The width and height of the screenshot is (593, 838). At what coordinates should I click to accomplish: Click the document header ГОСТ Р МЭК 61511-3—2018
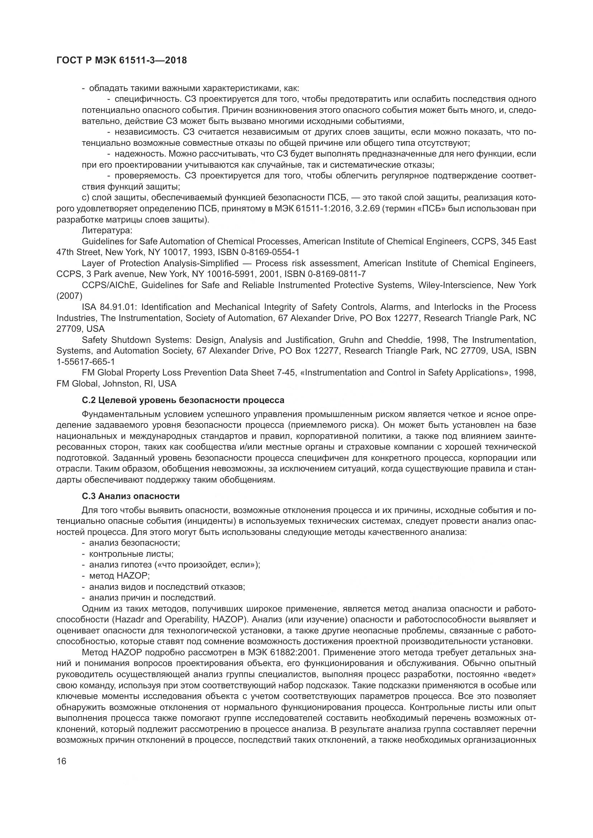tap(122, 61)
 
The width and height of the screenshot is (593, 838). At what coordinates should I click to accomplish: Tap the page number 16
tap(62, 761)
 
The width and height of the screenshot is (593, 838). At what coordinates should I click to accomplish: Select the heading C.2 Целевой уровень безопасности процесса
tap(183, 401)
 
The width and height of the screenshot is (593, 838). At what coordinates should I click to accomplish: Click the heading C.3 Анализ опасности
tap(131, 496)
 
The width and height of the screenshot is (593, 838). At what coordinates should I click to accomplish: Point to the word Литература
tap(106, 230)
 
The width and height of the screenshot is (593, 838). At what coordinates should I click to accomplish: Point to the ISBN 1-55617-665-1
tap(86, 362)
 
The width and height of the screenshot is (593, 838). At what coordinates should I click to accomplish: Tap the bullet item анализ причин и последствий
tap(152, 598)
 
